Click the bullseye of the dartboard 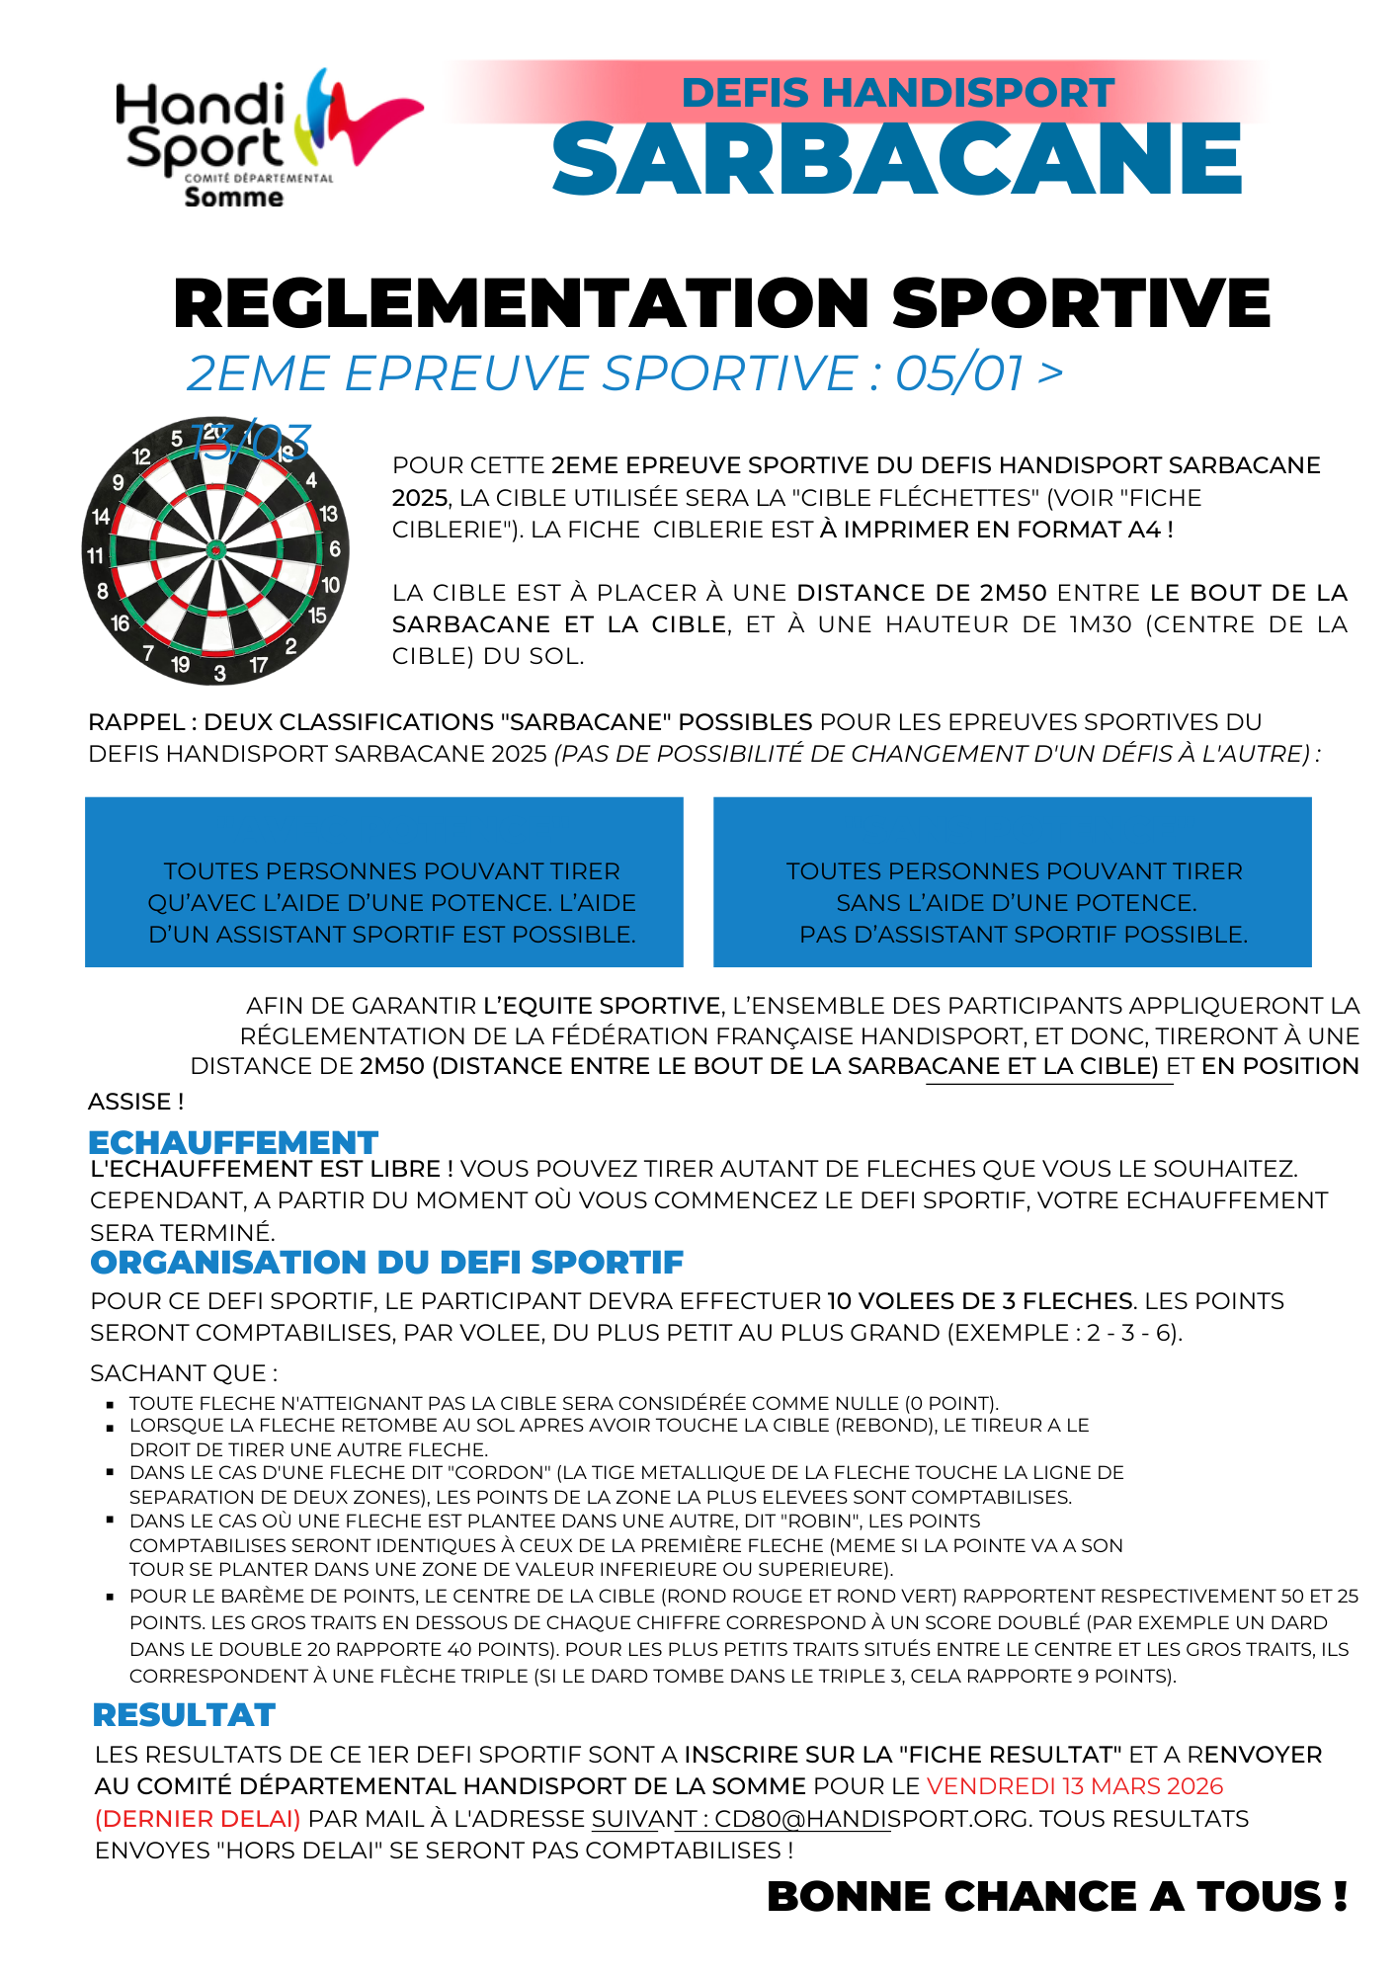click(x=215, y=550)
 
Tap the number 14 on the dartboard click(x=101, y=516)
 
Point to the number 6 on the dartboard click(x=335, y=548)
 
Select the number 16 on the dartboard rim click(x=120, y=623)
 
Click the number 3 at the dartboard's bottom click(x=219, y=674)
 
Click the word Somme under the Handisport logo click(x=233, y=197)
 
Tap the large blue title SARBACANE click(x=897, y=160)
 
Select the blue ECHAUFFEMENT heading click(x=233, y=1142)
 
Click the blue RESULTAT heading click(x=184, y=1715)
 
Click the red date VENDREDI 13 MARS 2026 click(x=1075, y=1786)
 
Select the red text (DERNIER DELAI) click(x=198, y=1819)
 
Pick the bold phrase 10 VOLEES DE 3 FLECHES click(x=980, y=1301)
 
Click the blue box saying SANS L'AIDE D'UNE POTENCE click(x=1012, y=882)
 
